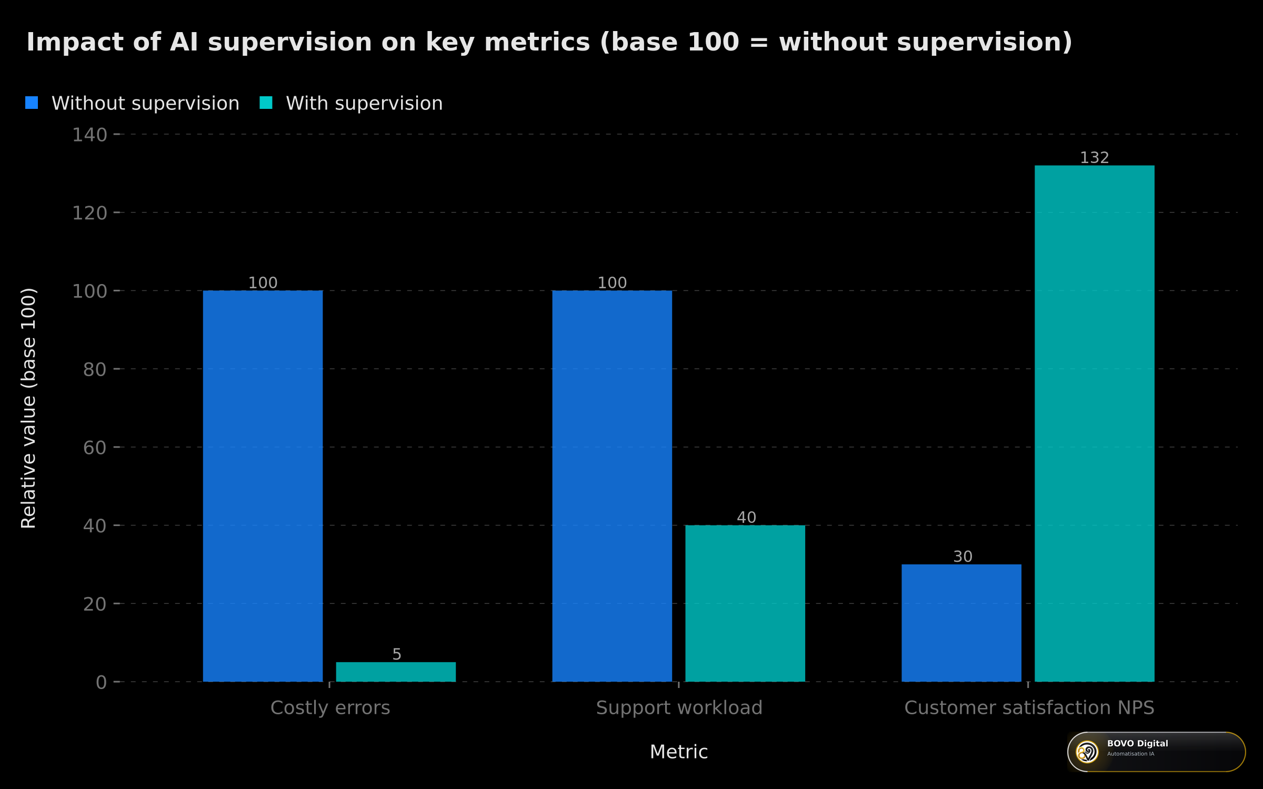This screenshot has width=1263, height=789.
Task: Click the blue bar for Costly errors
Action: pos(263,486)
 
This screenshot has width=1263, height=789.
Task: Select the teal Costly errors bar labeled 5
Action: pos(396,672)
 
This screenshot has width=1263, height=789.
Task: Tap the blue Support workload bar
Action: pos(612,486)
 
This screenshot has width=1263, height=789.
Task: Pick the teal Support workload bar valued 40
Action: pos(745,603)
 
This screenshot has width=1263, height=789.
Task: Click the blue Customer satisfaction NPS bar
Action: pos(961,623)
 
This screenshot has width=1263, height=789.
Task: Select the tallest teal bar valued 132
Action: pos(1095,423)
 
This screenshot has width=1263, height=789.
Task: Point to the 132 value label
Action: pos(1095,158)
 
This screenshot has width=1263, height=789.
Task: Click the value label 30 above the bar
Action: pos(963,557)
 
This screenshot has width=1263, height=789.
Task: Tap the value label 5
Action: pos(397,654)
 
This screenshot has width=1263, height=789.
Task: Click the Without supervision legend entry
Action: pos(133,103)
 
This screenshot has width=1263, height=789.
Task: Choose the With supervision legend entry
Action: pos(352,103)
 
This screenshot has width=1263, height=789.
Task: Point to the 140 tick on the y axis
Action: pos(89,135)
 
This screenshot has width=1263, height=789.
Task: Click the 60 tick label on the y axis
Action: pos(95,448)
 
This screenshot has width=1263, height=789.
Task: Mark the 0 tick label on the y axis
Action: pos(101,682)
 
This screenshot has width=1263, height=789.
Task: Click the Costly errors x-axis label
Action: pos(330,708)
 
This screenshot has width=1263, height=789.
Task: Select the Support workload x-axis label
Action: pos(679,708)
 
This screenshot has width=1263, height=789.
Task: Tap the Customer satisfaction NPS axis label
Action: pos(1029,708)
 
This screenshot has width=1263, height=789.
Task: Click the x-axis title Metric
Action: pos(679,752)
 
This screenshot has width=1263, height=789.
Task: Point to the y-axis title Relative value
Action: pos(28,408)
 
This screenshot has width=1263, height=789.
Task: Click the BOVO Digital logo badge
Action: pos(1156,752)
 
